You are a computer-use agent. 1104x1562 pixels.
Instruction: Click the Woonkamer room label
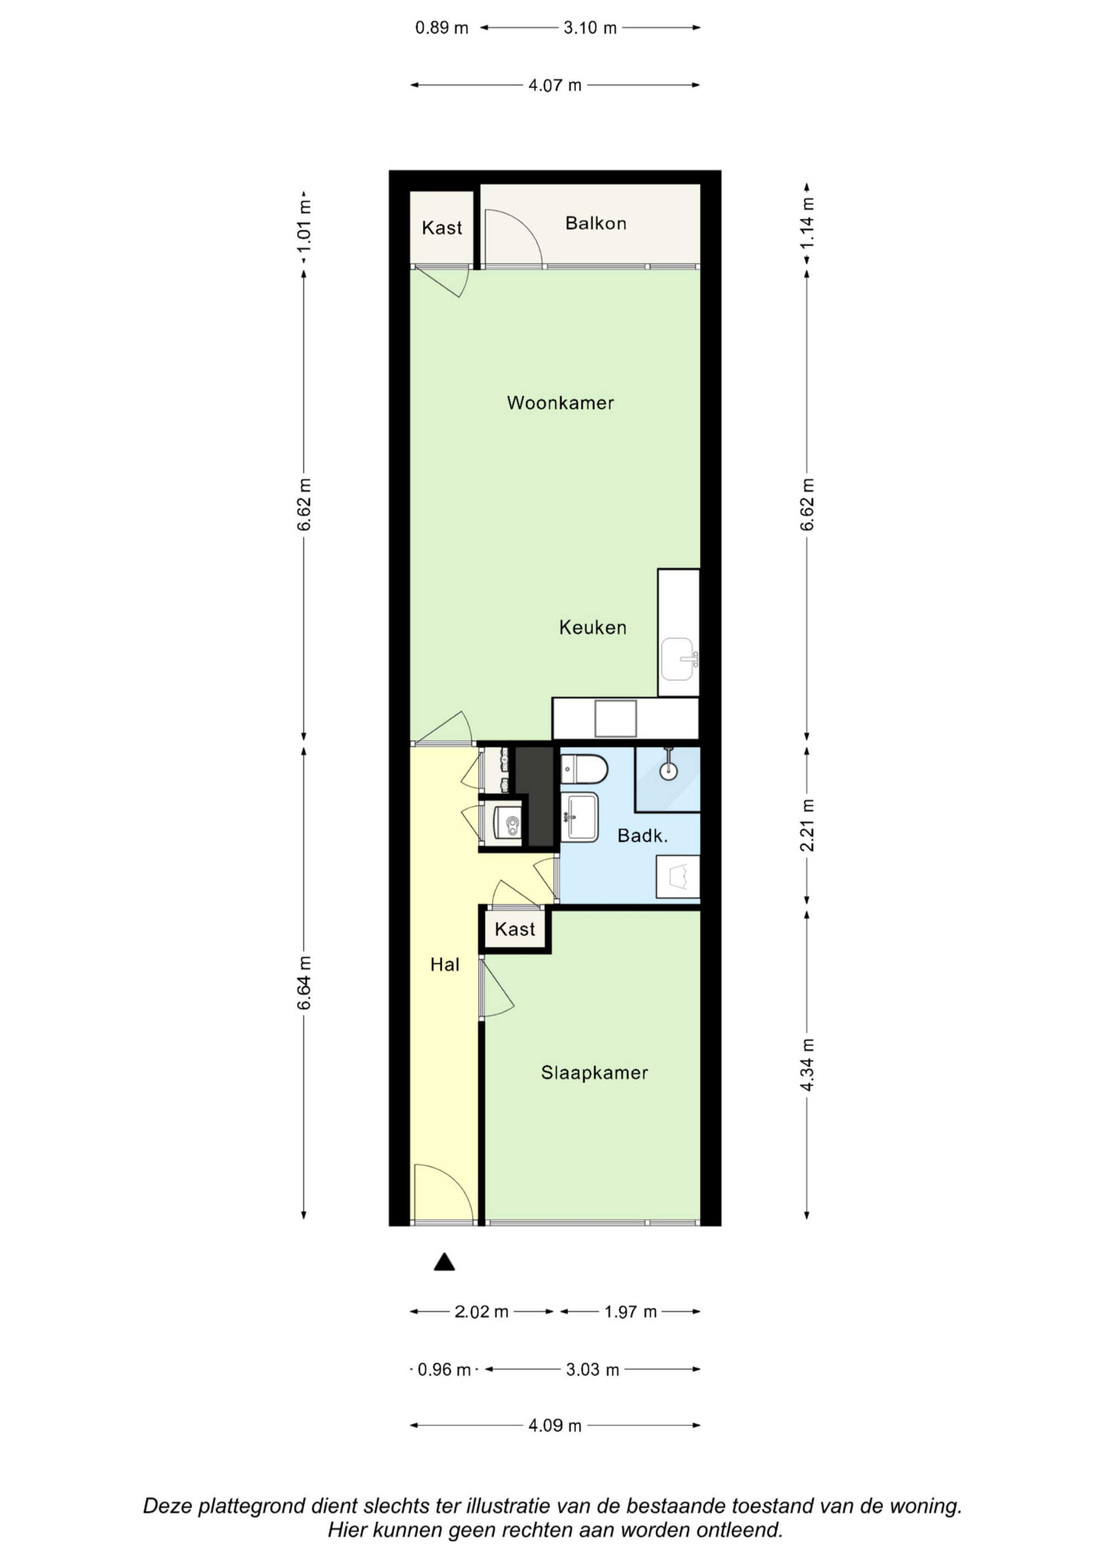point(560,403)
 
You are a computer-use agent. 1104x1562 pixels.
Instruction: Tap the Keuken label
point(592,627)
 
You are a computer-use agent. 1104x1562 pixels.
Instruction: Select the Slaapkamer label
point(595,1073)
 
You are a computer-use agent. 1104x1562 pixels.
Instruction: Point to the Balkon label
point(596,223)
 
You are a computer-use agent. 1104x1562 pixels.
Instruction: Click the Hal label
point(445,964)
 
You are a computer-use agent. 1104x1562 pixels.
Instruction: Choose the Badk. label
point(642,835)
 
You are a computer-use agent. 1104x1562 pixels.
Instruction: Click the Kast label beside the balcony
point(442,228)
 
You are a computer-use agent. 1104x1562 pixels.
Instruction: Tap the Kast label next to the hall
point(515,929)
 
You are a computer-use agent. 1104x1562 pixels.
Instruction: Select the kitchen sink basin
point(679,659)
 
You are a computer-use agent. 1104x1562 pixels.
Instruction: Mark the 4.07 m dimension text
point(555,85)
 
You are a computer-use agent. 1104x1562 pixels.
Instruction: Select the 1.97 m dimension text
point(630,1312)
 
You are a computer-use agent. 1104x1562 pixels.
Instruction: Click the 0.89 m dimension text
point(442,28)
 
